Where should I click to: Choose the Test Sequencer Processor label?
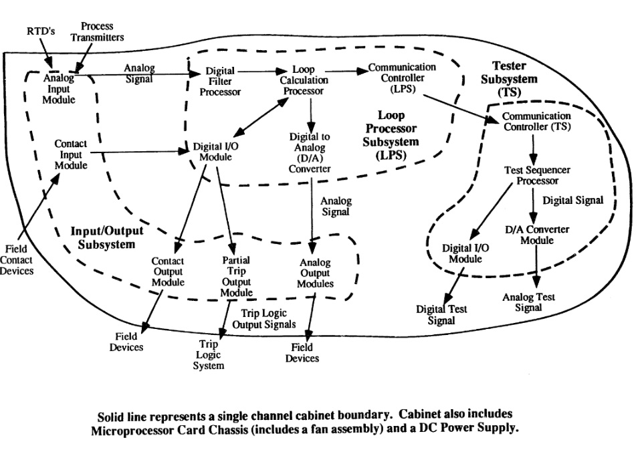[x=532, y=175]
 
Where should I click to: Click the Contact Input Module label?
[x=70, y=154]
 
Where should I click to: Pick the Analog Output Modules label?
[x=314, y=273]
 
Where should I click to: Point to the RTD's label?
[x=39, y=30]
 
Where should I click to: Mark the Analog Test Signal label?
[x=528, y=302]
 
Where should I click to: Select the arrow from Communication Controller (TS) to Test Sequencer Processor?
[x=532, y=146]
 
